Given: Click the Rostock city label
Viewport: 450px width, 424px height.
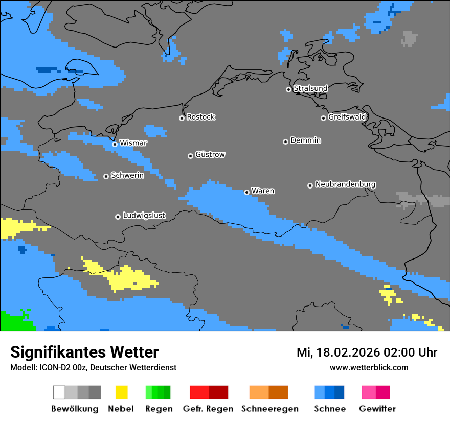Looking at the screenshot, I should (200, 117).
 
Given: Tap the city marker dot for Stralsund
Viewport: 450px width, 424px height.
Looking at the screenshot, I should (288, 89).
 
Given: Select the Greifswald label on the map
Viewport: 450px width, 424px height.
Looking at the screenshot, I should (347, 117).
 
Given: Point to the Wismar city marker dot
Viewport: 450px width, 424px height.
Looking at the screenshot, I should (115, 144).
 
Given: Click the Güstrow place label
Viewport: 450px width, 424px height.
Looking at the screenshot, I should (210, 155).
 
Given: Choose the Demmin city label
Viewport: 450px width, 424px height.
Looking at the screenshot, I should (305, 140).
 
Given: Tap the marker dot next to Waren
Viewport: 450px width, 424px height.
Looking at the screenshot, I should (246, 192).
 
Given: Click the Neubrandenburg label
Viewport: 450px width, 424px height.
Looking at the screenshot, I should (345, 184).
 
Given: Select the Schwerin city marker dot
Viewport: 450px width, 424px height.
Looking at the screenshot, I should (106, 176).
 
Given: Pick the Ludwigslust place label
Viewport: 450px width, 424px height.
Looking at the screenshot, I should (144, 216).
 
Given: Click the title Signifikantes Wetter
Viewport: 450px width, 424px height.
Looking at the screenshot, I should (84, 352).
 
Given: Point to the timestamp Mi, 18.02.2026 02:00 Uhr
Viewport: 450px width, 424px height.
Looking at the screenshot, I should (367, 352).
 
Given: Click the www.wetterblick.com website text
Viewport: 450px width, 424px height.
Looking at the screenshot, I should (369, 367).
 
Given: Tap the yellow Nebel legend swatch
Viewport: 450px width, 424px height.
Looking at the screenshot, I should (121, 392).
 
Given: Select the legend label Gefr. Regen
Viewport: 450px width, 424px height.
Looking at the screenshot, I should (208, 409).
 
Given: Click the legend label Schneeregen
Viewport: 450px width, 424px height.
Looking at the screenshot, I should (269, 409).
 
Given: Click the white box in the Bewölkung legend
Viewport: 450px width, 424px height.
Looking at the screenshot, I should (59, 392).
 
